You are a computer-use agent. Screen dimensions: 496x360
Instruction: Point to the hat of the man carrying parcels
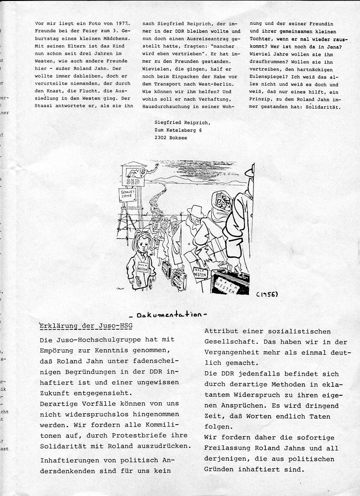click(x=196, y=210)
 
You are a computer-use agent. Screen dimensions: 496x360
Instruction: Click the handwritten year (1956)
click(x=267, y=294)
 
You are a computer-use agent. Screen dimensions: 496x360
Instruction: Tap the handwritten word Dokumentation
click(x=167, y=314)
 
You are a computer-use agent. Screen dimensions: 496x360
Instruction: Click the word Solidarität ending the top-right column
click(x=322, y=106)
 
